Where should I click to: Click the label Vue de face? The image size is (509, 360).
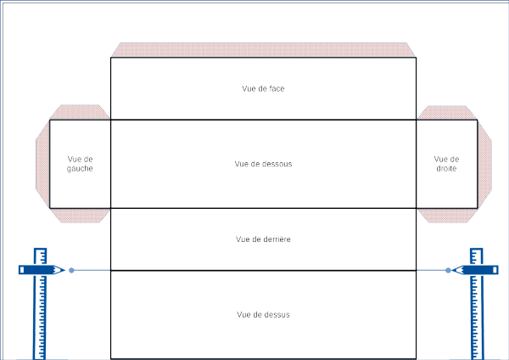pos(263,87)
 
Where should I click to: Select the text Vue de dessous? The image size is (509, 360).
pos(263,164)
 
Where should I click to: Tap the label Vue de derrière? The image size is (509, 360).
pos(263,239)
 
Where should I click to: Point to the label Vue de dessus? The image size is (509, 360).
pos(263,315)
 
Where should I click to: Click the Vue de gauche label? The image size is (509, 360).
pos(80,164)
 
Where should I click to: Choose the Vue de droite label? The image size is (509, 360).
pos(446,164)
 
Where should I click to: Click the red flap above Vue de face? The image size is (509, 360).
pos(263,50)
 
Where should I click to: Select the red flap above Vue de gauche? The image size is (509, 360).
pos(80,112)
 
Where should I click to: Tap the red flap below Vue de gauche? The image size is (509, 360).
pos(80,215)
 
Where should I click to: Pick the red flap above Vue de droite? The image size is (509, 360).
pos(446,112)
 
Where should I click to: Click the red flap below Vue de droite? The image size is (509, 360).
pos(446,215)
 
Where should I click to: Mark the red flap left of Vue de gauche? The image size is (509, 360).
pos(42,164)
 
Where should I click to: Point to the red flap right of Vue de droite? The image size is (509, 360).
pos(484,164)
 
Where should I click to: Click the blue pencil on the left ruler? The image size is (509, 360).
pos(41,270)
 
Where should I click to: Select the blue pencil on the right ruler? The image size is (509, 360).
pos(474,270)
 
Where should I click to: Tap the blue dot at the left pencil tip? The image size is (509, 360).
pos(71,270)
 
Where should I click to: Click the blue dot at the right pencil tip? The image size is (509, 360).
pos(448,270)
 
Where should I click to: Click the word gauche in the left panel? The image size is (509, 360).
pos(80,169)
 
